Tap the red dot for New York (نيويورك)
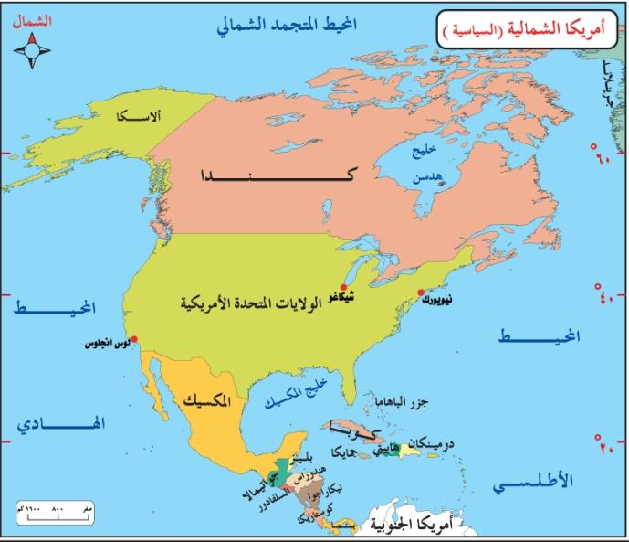point(420,292)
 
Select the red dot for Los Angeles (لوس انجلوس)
point(134,339)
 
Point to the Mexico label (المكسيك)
point(205,401)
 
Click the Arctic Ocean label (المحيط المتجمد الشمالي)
point(286,24)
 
